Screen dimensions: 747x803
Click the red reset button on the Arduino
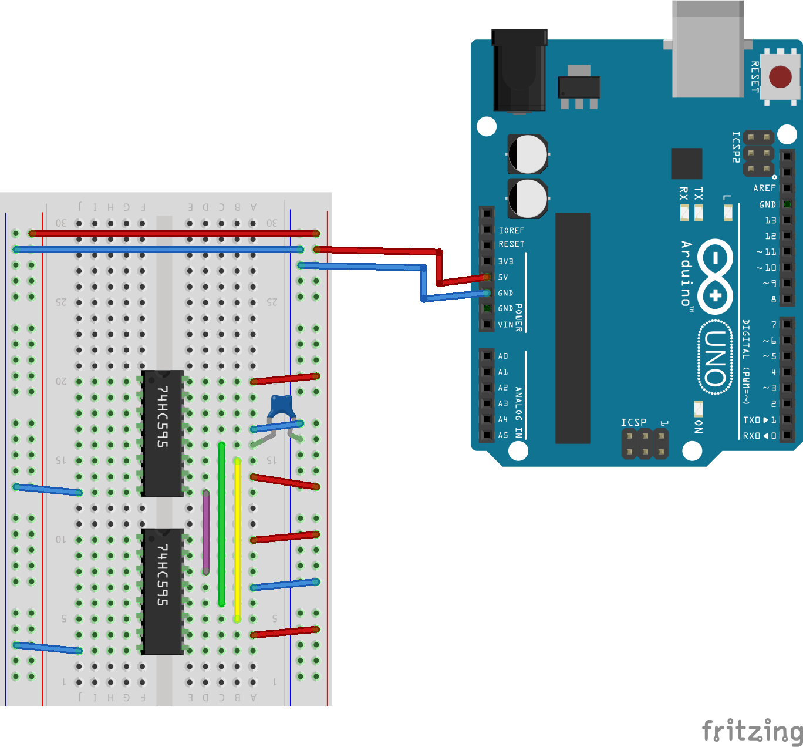pyautogui.click(x=780, y=77)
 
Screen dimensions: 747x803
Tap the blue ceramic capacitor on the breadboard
pyautogui.click(x=281, y=405)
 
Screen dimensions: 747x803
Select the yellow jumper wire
pyautogui.click(x=237, y=540)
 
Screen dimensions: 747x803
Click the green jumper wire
pyautogui.click(x=221, y=523)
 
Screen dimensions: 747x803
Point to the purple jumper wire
pyautogui.click(x=206, y=531)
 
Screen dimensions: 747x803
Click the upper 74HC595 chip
pyautogui.click(x=163, y=433)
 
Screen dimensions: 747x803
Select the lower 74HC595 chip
pyautogui.click(x=163, y=591)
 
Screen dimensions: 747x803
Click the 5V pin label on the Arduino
pyautogui.click(x=503, y=277)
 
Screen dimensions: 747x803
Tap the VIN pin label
pyautogui.click(x=505, y=325)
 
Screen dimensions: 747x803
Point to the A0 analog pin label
pyautogui.click(x=503, y=356)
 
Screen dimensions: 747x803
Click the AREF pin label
pyautogui.click(x=764, y=188)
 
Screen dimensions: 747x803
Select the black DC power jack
pyautogui.click(x=519, y=70)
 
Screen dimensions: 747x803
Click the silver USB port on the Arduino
pyautogui.click(x=707, y=50)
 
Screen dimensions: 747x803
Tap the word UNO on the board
pyautogui.click(x=715, y=358)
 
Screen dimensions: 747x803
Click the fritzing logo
pyautogui.click(x=752, y=731)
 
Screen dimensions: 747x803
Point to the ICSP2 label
pyautogui.click(x=735, y=147)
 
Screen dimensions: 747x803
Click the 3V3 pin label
pyautogui.click(x=505, y=261)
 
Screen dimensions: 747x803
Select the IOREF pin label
pyautogui.click(x=511, y=231)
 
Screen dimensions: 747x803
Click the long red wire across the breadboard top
pyautogui.click(x=176, y=234)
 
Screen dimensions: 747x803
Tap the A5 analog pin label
pyautogui.click(x=503, y=435)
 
